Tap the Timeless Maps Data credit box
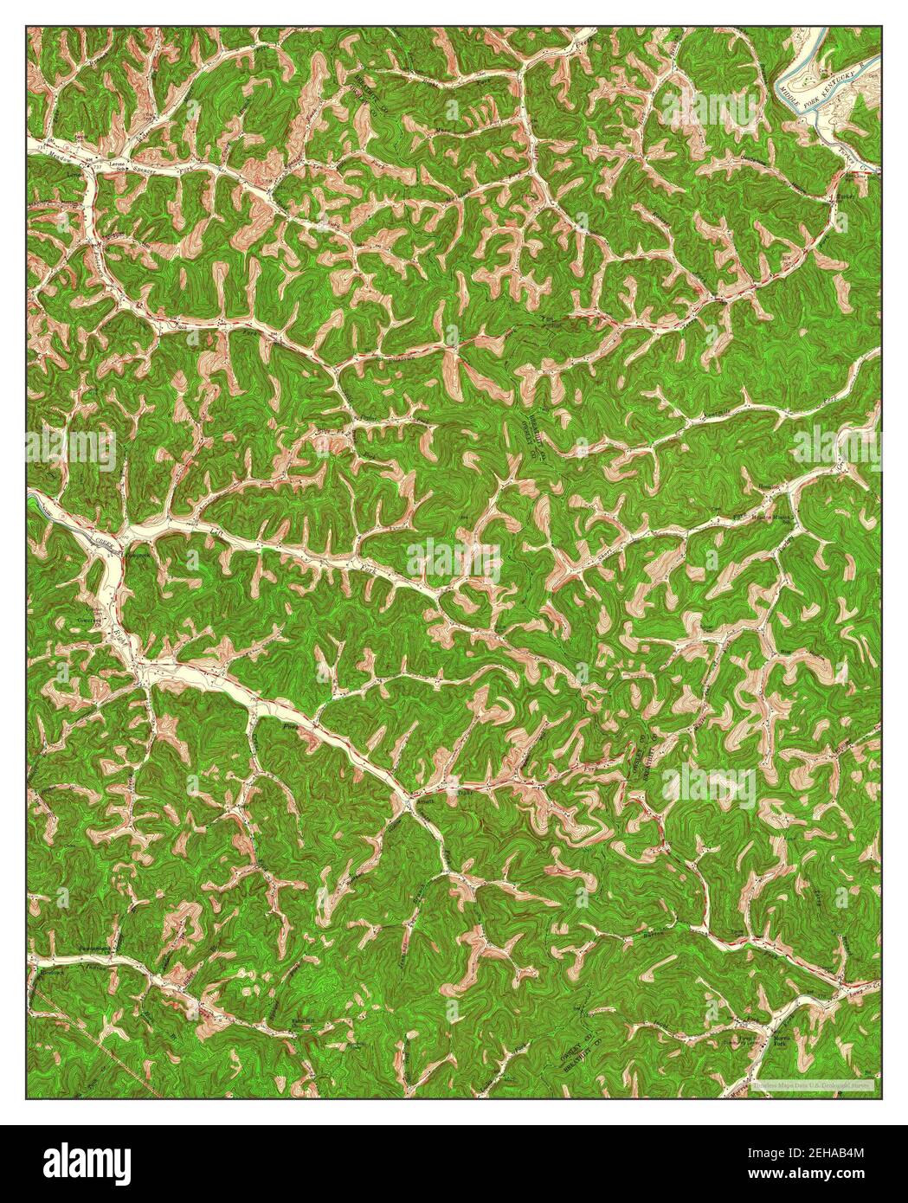(813, 1084)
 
